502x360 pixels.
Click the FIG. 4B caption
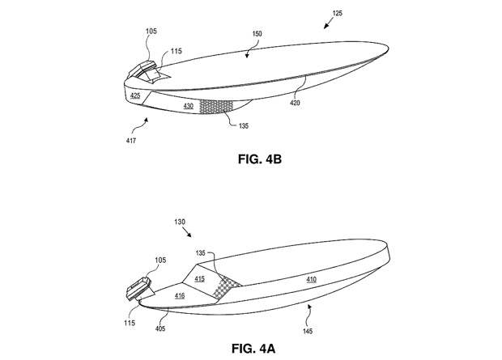pyautogui.click(x=260, y=159)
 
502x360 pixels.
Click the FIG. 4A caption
pyautogui.click(x=253, y=348)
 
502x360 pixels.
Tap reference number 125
pyautogui.click(x=337, y=13)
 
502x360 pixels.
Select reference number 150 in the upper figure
pyautogui.click(x=257, y=34)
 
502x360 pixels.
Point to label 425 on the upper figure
pyautogui.click(x=135, y=95)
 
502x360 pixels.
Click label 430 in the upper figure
pyautogui.click(x=188, y=106)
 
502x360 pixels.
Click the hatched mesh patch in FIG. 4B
pyautogui.click(x=216, y=107)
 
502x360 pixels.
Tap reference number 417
pyautogui.click(x=131, y=141)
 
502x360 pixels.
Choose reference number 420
pyautogui.click(x=295, y=103)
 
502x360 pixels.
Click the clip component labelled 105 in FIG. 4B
pyautogui.click(x=143, y=69)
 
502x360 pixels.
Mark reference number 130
pyautogui.click(x=180, y=222)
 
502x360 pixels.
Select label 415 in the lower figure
pyautogui.click(x=199, y=279)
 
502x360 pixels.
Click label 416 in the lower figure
pyautogui.click(x=180, y=295)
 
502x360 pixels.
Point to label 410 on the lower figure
pyautogui.click(x=311, y=279)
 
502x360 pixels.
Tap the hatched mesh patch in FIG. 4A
pyautogui.click(x=227, y=286)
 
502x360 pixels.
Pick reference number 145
pyautogui.click(x=308, y=331)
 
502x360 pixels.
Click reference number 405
pyautogui.click(x=160, y=328)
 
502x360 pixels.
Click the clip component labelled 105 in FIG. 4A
pyautogui.click(x=139, y=288)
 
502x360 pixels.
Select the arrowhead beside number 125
pyautogui.click(x=326, y=26)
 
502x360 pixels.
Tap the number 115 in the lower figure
pyautogui.click(x=130, y=323)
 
